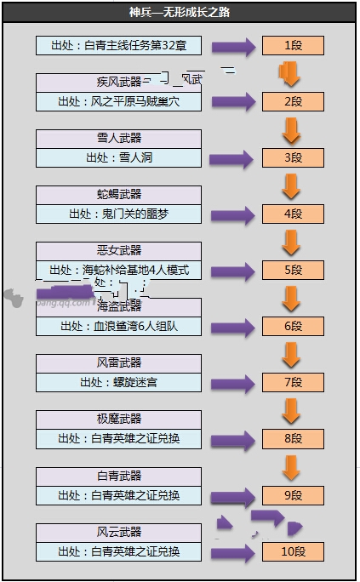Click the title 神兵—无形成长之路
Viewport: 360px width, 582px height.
pyautogui.click(x=180, y=13)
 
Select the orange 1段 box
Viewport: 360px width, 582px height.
pyautogui.click(x=293, y=46)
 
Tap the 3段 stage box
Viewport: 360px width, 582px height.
pyautogui.click(x=293, y=157)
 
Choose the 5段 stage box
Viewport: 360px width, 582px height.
pyautogui.click(x=293, y=271)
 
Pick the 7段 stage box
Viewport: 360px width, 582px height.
pyautogui.click(x=293, y=382)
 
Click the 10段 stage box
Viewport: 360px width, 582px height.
pyautogui.click(x=293, y=551)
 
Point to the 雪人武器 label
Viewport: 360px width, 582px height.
pyautogui.click(x=119, y=138)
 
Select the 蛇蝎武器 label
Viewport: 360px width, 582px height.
pyautogui.click(x=119, y=194)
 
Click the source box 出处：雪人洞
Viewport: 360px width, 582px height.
pyautogui.click(x=119, y=157)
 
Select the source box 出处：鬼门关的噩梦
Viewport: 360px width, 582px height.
pyautogui.click(x=119, y=214)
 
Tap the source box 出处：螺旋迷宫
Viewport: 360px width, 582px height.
pyautogui.click(x=119, y=382)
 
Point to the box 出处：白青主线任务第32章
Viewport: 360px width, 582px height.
pyautogui.click(x=119, y=46)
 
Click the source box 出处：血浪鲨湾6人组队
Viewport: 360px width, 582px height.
pyautogui.click(x=119, y=326)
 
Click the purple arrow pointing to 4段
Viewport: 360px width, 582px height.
pyautogui.click(x=232, y=214)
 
